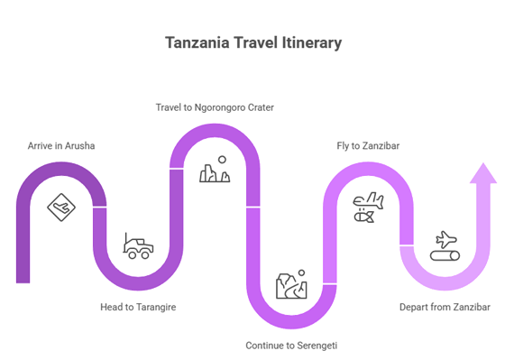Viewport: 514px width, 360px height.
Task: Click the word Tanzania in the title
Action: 197,42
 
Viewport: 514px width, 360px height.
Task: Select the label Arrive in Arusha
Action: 61,145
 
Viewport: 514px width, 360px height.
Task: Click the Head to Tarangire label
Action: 138,307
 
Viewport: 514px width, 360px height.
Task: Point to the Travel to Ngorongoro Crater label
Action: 215,107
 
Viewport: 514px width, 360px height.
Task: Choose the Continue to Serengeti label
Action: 291,346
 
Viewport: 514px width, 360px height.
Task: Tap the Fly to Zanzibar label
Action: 368,145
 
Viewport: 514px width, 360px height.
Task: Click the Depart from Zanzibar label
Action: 445,307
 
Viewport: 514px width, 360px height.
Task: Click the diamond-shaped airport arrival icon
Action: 61,208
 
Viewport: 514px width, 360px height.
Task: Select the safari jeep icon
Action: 138,246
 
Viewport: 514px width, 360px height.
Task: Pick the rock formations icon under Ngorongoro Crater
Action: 215,170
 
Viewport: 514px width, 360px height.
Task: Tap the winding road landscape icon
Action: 291,284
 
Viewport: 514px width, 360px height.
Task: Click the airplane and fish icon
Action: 368,208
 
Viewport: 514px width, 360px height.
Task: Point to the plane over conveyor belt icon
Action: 445,246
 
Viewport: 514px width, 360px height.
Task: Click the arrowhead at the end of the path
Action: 483,173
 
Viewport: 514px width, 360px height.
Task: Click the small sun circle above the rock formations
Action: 222,160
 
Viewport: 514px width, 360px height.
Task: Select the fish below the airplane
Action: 364,217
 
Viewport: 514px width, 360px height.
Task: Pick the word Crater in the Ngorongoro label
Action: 261,107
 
